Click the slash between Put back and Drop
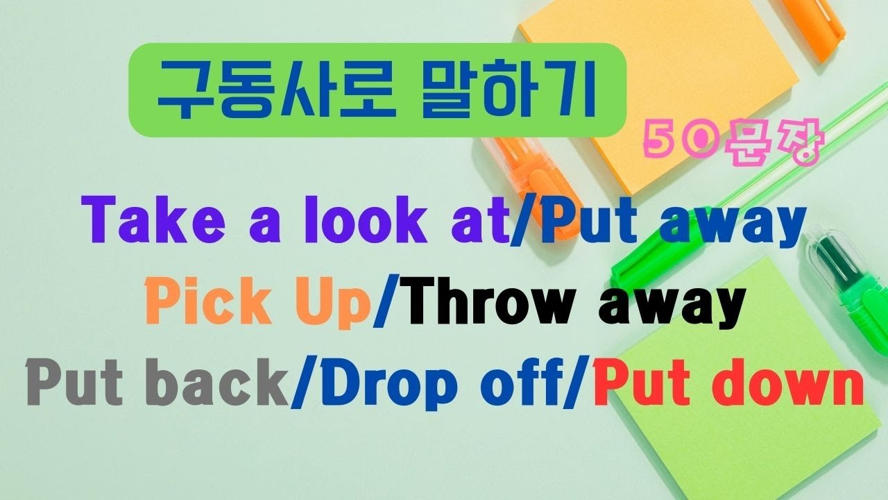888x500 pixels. click(300, 383)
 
